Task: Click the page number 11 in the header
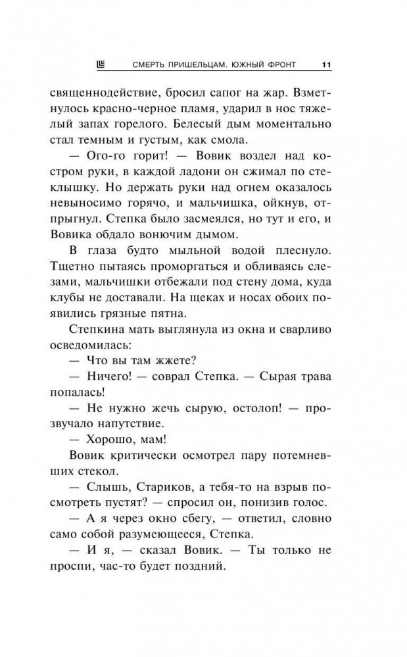pyautogui.click(x=326, y=64)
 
